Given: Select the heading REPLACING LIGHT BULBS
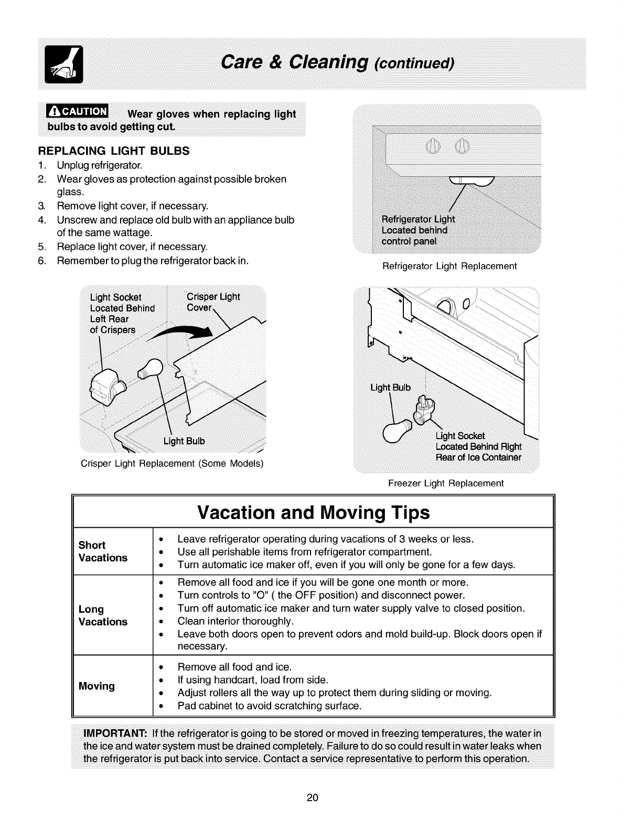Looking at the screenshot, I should (113, 151).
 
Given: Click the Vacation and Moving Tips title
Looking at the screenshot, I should (314, 512).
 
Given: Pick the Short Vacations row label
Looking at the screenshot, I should (103, 551).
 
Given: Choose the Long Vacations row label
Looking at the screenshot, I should (103, 615).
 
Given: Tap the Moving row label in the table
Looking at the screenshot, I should (97, 686).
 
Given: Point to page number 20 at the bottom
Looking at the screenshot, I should (313, 798).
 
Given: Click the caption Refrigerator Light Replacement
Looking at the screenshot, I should (450, 267).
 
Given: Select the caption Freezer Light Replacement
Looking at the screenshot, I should (445, 483).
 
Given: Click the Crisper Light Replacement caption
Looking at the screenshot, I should (172, 464).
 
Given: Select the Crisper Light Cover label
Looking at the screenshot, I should (212, 302).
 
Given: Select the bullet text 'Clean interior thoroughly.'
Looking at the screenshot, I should (236, 621).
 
